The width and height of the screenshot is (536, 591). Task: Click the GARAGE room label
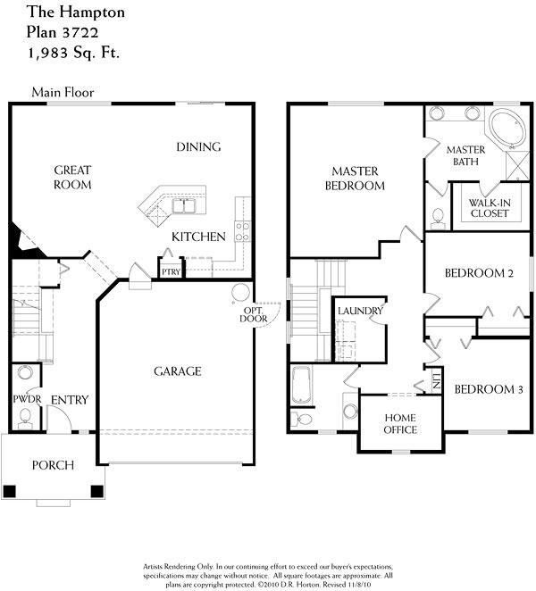coord(177,371)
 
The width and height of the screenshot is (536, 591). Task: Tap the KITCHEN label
coord(198,237)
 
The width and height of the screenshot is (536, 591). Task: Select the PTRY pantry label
coord(171,271)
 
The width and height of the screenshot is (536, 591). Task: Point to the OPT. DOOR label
coord(254,315)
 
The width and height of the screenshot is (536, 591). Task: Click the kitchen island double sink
coord(184,206)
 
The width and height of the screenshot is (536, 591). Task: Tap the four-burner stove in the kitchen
coord(242,231)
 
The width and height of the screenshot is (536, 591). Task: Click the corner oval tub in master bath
coord(507,129)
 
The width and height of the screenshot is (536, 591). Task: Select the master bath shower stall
coord(518,165)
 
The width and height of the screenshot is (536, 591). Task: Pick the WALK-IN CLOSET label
coord(490,208)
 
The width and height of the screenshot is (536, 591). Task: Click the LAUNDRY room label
coord(360,311)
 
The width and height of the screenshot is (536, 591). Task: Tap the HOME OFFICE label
coord(400,424)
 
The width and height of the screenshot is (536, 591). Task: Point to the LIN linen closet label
coord(437,381)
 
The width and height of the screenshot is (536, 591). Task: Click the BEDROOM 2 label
coord(479,273)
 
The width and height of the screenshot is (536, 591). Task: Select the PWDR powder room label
coord(27,399)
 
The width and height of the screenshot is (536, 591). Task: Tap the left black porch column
coord(10,491)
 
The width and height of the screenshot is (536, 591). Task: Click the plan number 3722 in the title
coord(80,32)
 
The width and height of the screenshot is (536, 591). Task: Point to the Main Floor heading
coord(63,92)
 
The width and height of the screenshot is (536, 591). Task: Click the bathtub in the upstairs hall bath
coord(301,385)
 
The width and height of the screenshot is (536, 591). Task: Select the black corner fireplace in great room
coord(22,242)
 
